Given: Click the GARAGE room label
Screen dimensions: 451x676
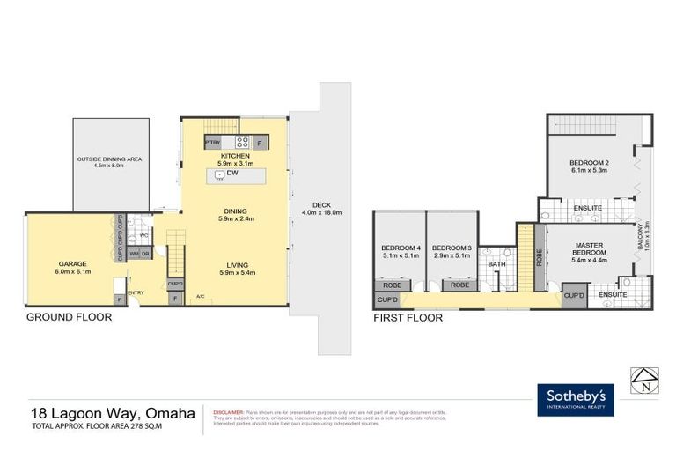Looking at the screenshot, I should (x=71, y=262).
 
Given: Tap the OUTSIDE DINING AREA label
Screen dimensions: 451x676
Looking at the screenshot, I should (x=110, y=159).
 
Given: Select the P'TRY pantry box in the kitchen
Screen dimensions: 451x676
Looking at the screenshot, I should (x=211, y=142).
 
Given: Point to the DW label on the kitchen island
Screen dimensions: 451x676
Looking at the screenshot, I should (x=233, y=174).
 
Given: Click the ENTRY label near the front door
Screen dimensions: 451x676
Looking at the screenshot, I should (x=136, y=293).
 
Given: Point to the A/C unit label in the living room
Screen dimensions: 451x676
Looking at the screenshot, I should (x=201, y=296).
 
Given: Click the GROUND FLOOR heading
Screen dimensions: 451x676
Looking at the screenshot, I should (x=69, y=317).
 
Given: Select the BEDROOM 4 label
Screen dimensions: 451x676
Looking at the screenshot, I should (x=400, y=248).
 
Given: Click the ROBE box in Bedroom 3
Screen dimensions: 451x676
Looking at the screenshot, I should (x=459, y=285).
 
